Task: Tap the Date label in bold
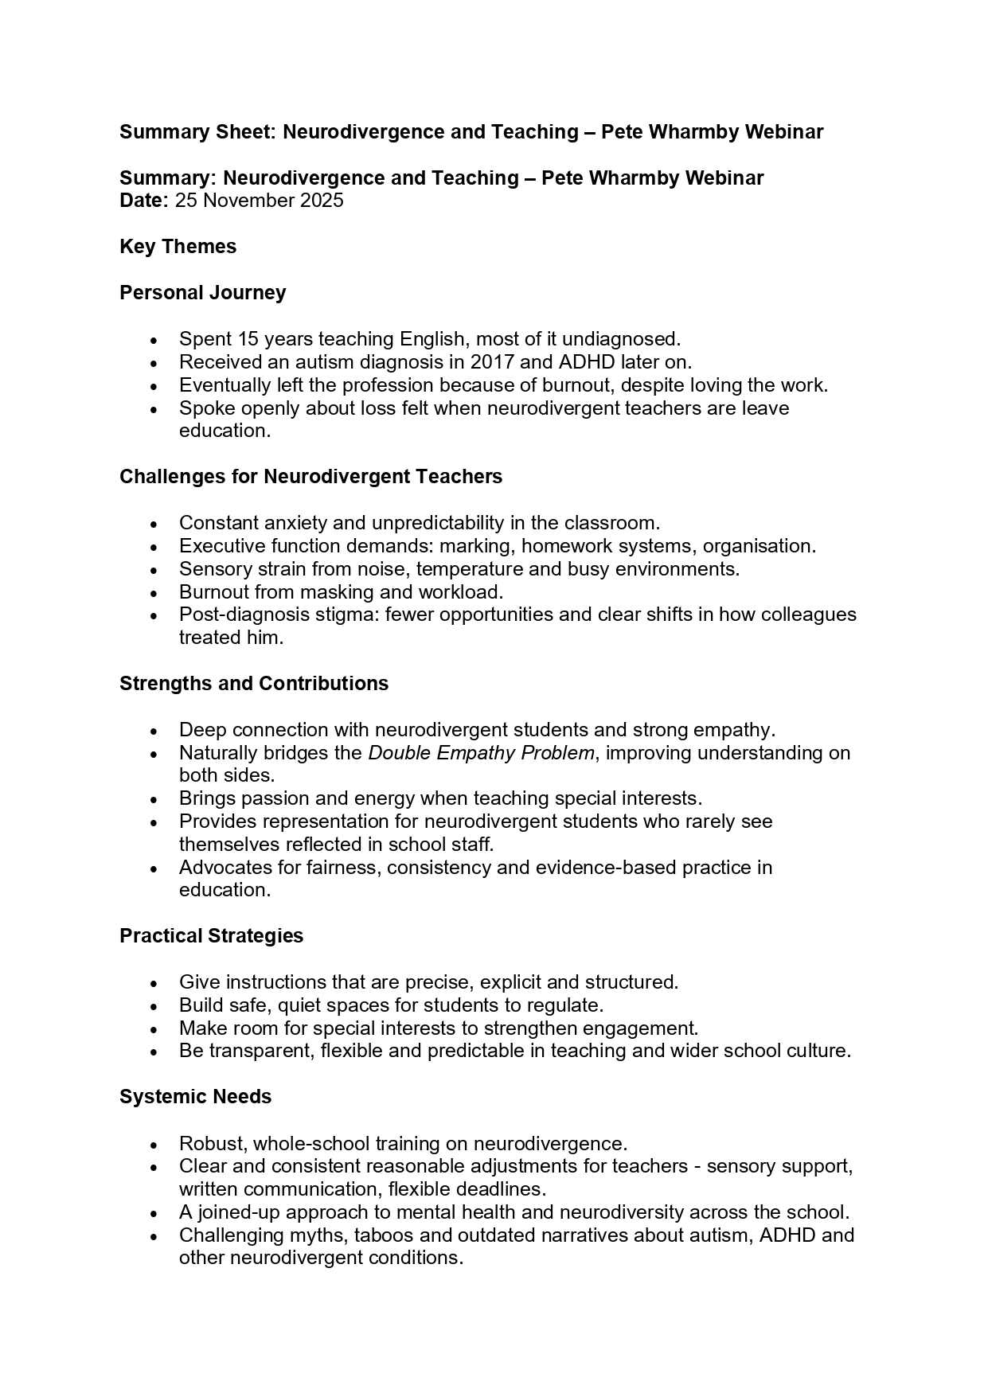[142, 201]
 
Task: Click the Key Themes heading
[178, 247]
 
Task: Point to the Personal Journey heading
[202, 293]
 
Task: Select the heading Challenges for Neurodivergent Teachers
[310, 477]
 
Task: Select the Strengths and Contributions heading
[254, 684]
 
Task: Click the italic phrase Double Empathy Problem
[481, 753]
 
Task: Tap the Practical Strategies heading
[211, 936]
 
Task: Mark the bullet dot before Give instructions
[154, 983]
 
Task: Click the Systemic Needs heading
[195, 1097]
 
